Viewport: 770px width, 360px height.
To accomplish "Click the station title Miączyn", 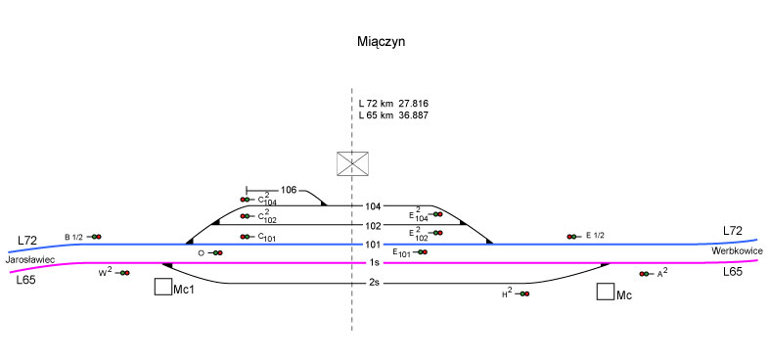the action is tap(381, 42).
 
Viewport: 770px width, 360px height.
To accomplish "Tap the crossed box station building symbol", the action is tap(352, 163).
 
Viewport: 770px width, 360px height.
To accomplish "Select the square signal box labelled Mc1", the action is tap(163, 287).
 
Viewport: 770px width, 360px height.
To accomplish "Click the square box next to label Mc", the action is tap(606, 292).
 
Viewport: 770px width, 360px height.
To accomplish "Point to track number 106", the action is tap(289, 190).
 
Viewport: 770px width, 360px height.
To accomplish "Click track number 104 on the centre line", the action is tap(373, 206).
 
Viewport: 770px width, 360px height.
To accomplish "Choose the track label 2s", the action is tap(374, 284).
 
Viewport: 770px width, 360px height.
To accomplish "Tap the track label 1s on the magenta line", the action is tap(374, 263).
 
